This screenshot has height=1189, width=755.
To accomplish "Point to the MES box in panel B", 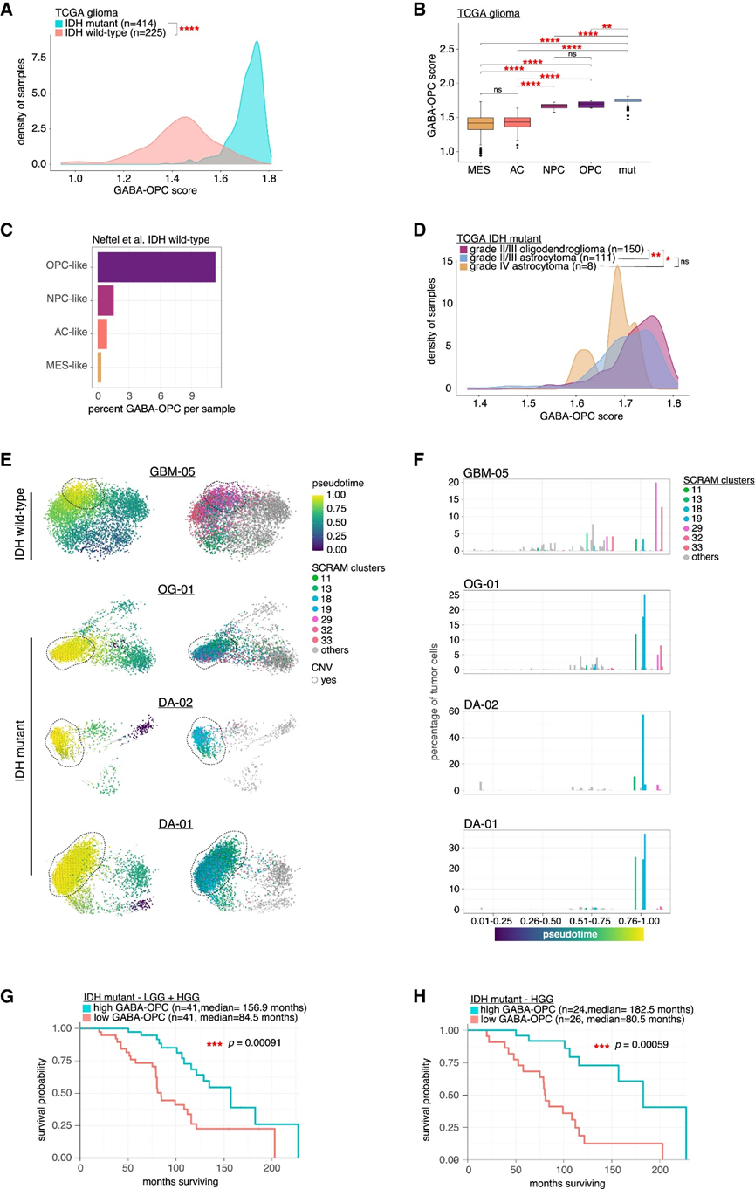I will tap(480, 123).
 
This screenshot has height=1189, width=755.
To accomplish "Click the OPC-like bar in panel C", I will tap(156, 266).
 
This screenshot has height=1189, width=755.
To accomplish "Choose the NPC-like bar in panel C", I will tap(106, 301).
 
